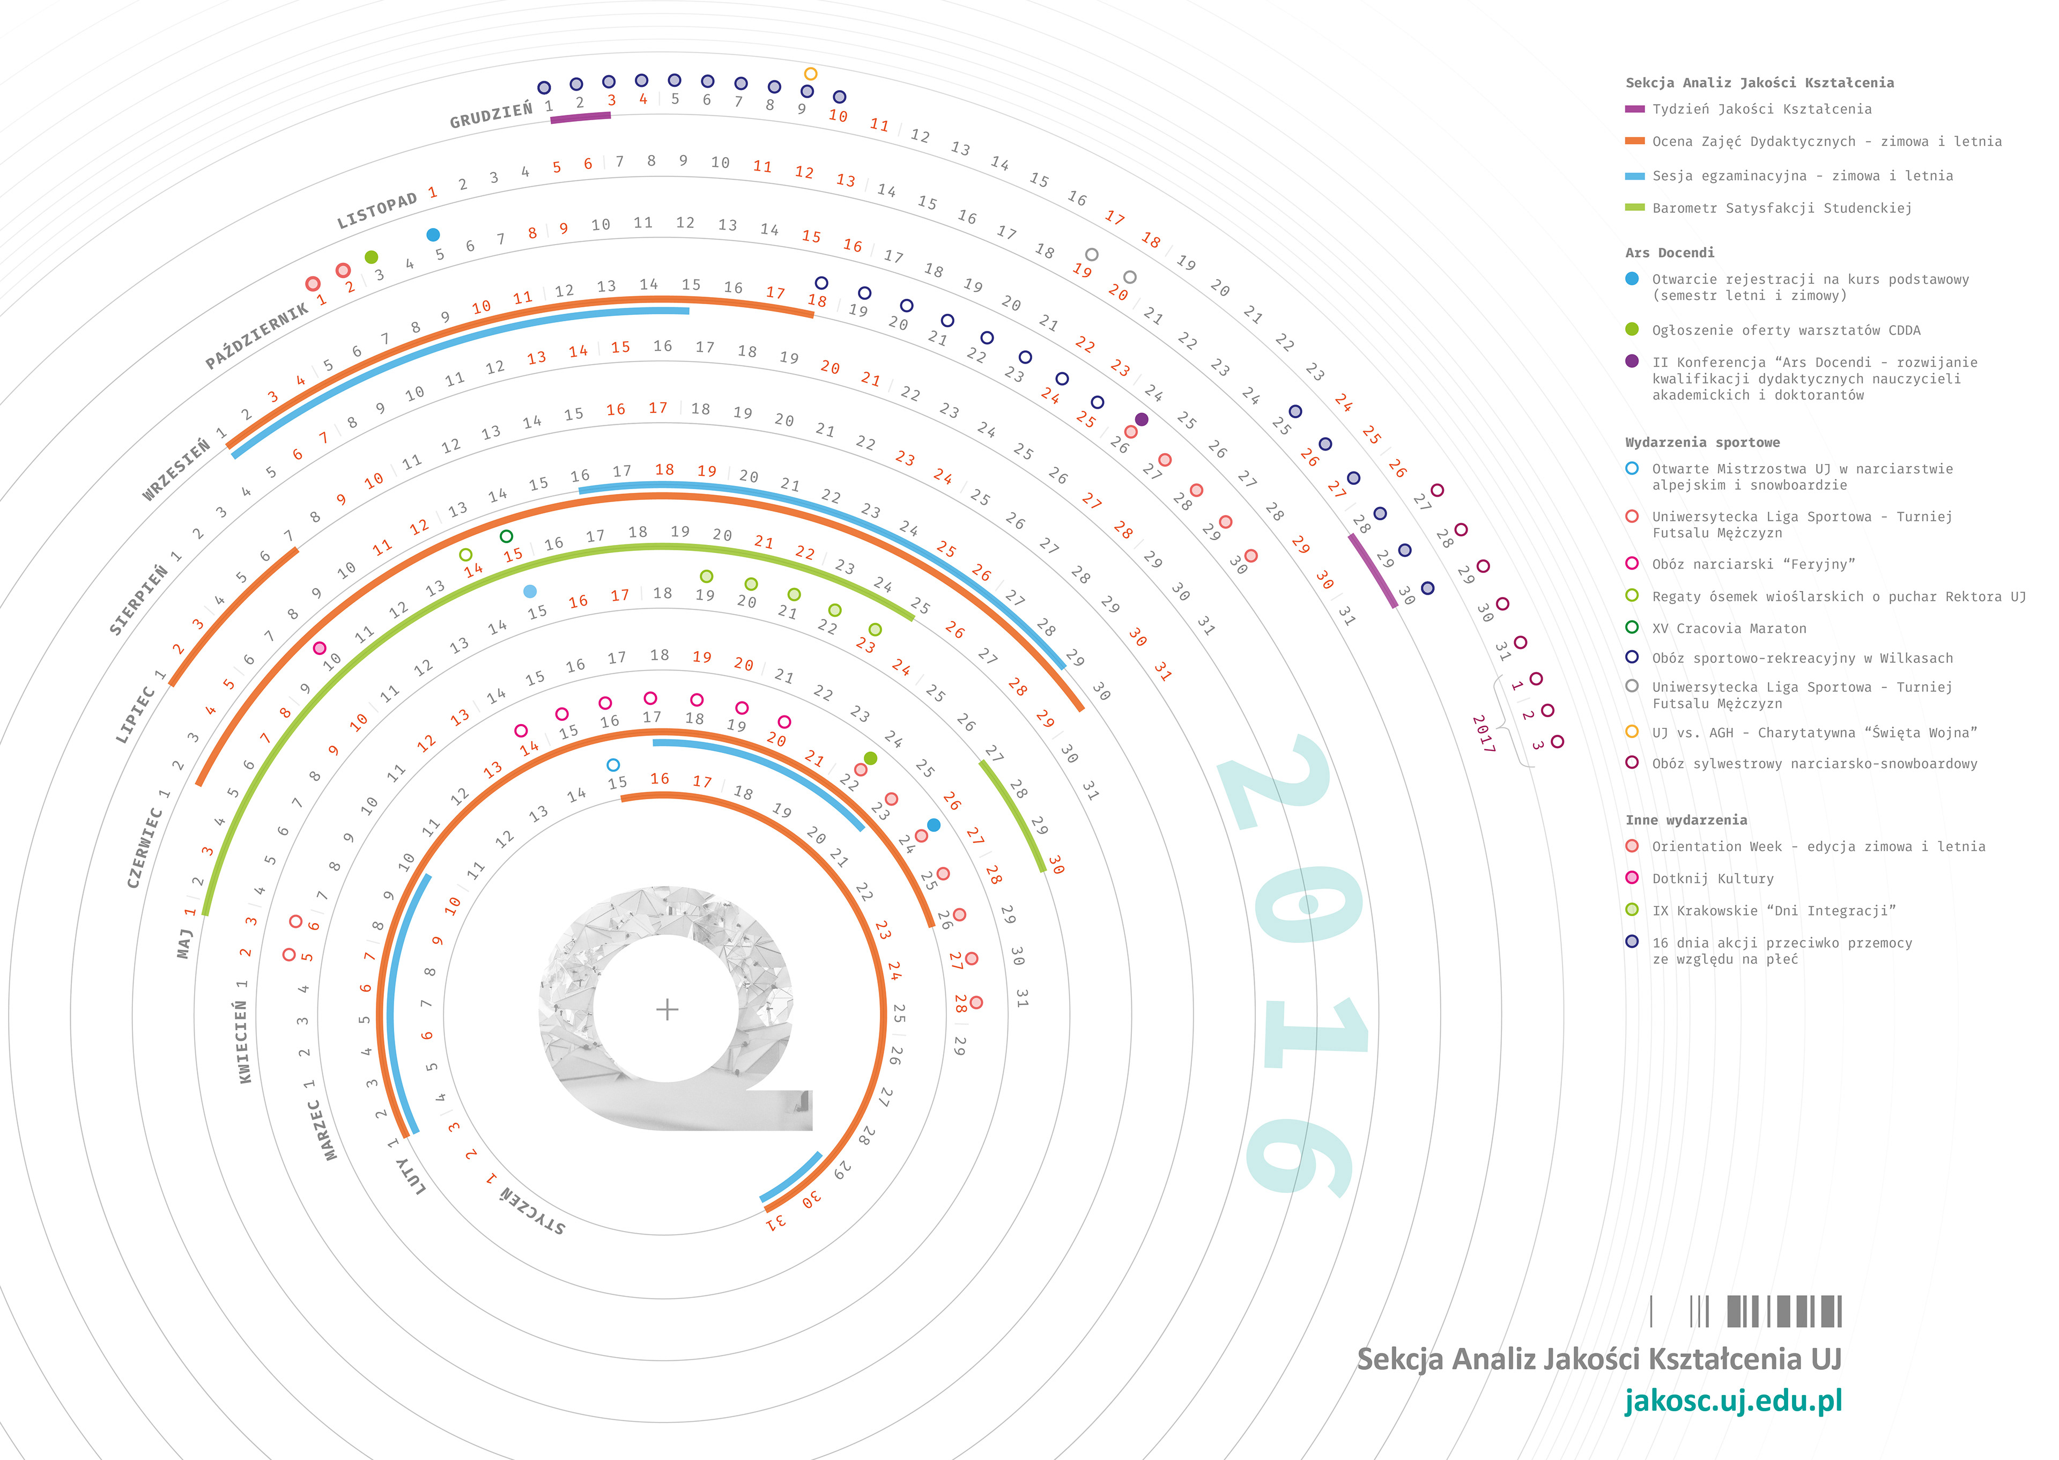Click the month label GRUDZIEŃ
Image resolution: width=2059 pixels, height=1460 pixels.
(491, 116)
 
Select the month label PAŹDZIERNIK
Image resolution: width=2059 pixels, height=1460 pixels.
(256, 335)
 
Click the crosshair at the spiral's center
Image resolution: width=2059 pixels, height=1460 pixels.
(667, 1009)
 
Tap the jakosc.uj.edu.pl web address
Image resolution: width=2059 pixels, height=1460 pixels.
(1733, 1400)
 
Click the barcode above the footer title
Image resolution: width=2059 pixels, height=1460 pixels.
(1746, 1311)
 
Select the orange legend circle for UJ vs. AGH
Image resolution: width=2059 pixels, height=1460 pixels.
(1632, 732)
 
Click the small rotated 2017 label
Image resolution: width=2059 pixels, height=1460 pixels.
(1483, 734)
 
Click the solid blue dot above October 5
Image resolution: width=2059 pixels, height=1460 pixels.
(433, 234)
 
